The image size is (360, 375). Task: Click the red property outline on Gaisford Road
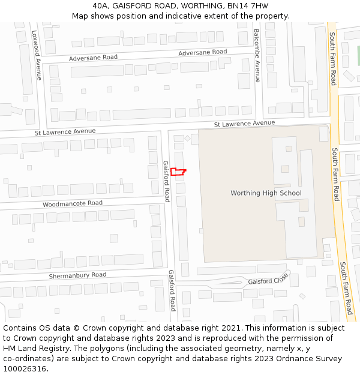click(177, 172)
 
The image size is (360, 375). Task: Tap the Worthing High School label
click(266, 193)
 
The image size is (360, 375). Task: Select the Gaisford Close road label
click(268, 280)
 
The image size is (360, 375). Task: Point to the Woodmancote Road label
click(73, 204)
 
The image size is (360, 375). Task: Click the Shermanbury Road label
click(77, 275)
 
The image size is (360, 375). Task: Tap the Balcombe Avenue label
click(257, 55)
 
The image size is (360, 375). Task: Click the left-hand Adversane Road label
click(93, 58)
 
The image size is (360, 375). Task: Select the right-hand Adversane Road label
click(203, 53)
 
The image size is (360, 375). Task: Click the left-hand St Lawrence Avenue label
click(65, 131)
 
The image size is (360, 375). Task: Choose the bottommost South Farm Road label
click(346, 288)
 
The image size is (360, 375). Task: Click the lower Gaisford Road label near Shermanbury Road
click(172, 290)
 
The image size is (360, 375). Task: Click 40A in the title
click(101, 6)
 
